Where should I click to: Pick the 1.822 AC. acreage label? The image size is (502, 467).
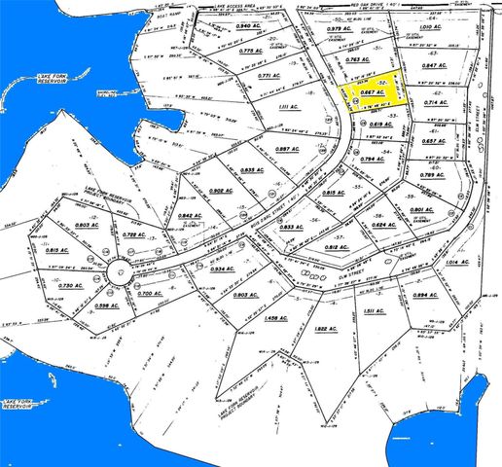326,329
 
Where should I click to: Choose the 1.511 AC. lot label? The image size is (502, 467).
376,311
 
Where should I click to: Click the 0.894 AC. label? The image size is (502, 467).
425,294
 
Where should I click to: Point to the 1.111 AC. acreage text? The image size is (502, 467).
286,108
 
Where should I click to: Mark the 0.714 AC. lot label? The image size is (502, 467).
434,102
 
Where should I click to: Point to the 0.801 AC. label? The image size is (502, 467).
421,210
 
